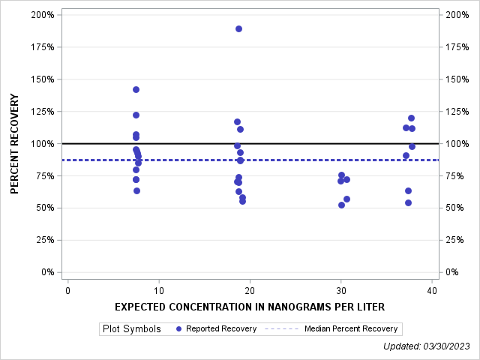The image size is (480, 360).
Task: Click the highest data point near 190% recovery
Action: [x=238, y=28]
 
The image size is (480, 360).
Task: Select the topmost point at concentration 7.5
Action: [x=136, y=89]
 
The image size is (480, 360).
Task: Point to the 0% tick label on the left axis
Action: [x=47, y=272]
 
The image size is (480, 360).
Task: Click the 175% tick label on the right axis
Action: [x=457, y=47]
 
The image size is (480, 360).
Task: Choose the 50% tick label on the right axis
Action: [x=454, y=208]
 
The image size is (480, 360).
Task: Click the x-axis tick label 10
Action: [x=158, y=291]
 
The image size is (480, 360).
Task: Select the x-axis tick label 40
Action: [x=431, y=291]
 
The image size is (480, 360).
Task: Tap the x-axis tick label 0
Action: [x=67, y=291]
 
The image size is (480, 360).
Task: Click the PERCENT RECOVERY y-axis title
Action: [x=15, y=143]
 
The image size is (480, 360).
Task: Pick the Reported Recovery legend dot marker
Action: [x=178, y=328]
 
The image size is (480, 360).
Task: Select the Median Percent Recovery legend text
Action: [x=351, y=328]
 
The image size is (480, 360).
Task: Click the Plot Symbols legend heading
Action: [x=131, y=328]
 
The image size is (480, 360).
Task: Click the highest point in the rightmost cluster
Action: [x=411, y=118]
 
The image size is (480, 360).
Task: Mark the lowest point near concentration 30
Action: [x=341, y=205]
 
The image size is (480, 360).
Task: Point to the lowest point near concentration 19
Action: [x=242, y=201]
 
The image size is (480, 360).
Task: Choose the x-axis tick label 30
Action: [x=340, y=291]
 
